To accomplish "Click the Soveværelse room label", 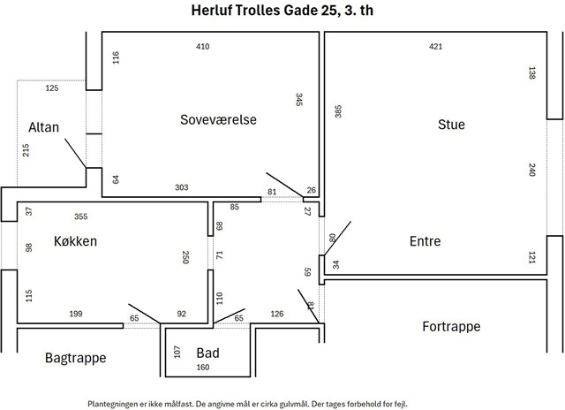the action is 218,119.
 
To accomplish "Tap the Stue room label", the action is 451,125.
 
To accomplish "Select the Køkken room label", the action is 75,241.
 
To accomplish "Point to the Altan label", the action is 43,127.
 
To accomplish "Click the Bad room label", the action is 208,353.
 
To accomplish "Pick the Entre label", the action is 426,241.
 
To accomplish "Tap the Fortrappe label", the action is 451,327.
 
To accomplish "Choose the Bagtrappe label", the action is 76,358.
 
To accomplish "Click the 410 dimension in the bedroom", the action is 202,47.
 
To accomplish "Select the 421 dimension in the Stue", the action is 435,47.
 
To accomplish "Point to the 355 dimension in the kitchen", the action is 80,216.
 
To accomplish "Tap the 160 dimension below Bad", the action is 203,367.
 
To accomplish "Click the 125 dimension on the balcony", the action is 52,88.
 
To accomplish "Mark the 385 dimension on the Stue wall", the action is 338,111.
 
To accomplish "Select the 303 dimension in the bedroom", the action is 182,187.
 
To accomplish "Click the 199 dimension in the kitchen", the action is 76,314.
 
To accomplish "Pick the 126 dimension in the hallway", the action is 276,314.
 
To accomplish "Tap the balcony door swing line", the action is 75,153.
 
